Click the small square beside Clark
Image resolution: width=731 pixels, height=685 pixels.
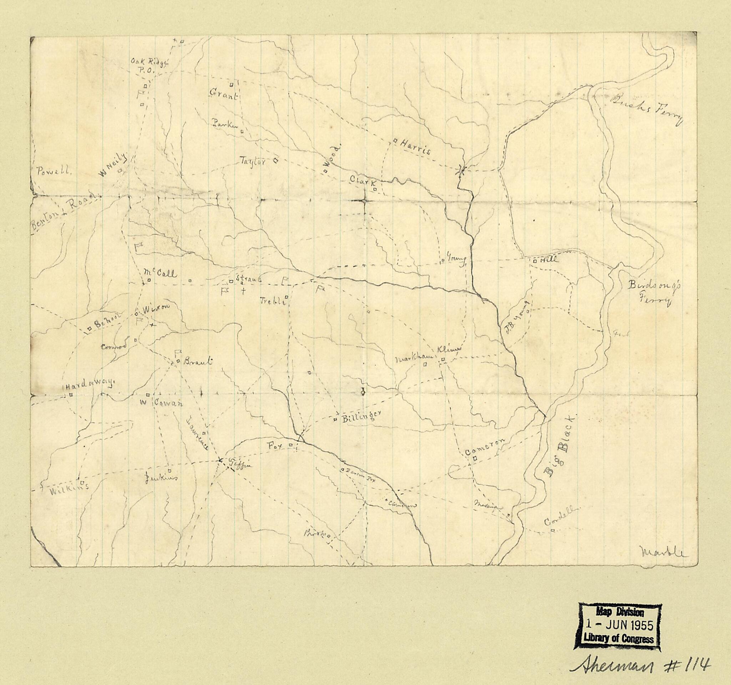point(375,189)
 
